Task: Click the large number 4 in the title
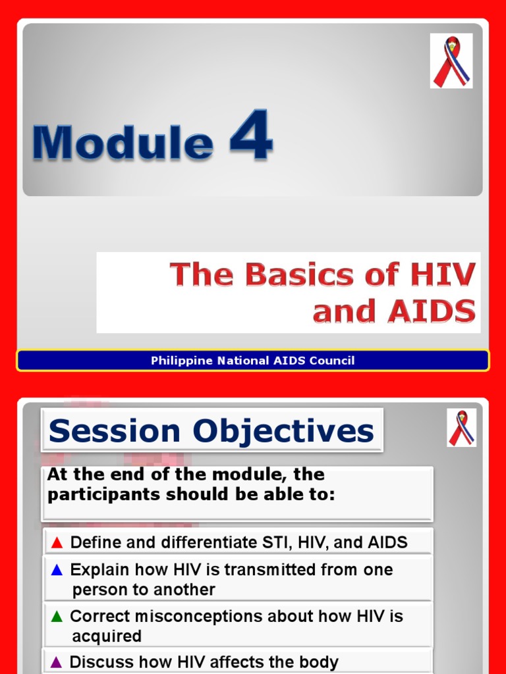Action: pyautogui.click(x=251, y=136)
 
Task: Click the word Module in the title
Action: pyautogui.click(x=123, y=142)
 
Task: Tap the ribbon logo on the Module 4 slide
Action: pyautogui.click(x=451, y=61)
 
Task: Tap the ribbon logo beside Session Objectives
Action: pyautogui.click(x=461, y=428)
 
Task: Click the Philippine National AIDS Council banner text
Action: pyautogui.click(x=252, y=361)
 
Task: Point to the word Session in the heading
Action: pyautogui.click(x=114, y=432)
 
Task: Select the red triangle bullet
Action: pyautogui.click(x=57, y=543)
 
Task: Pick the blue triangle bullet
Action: pyautogui.click(x=57, y=570)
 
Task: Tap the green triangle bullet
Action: pyautogui.click(x=57, y=617)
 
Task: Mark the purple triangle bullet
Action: pyautogui.click(x=57, y=662)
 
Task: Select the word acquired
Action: pyautogui.click(x=107, y=636)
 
